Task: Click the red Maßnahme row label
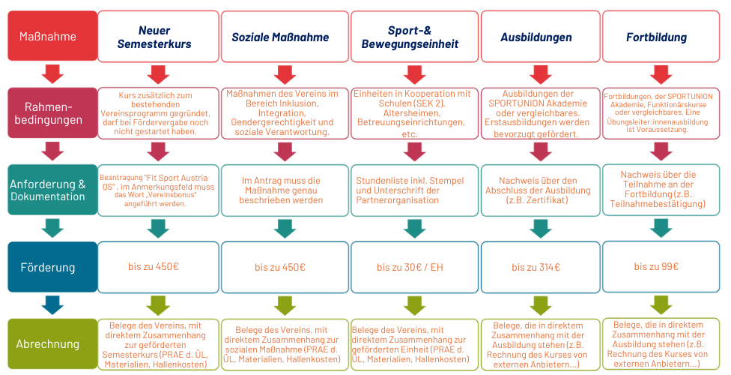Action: pos(52,35)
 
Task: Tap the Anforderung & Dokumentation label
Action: pos(52,190)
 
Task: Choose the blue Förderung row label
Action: pos(52,267)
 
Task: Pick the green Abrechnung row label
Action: pos(52,344)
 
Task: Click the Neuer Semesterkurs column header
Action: pos(159,37)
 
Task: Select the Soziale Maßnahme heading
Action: pos(283,37)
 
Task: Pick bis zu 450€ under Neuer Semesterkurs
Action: pos(159,267)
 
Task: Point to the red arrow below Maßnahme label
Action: pos(52,73)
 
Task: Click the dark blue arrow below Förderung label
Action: pos(52,305)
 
